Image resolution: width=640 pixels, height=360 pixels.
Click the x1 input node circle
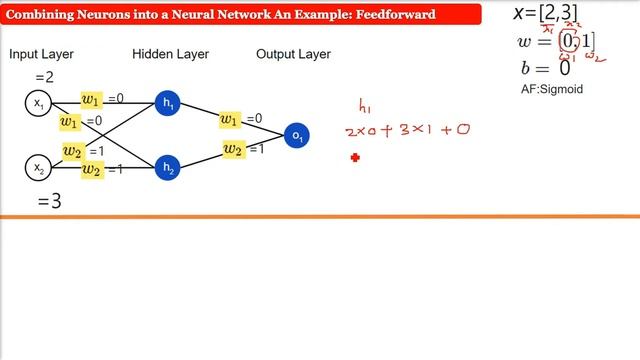point(39,103)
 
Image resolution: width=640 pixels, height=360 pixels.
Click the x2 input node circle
point(39,168)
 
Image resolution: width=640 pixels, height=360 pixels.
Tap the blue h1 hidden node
point(167,102)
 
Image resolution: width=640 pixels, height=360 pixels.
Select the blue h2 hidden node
point(167,168)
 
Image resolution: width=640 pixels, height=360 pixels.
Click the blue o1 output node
point(296,135)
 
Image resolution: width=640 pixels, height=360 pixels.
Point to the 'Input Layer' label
point(42,54)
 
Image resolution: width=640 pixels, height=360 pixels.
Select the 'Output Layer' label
point(293,54)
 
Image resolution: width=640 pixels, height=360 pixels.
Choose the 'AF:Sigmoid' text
point(545,90)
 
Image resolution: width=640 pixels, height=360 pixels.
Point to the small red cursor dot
point(355,157)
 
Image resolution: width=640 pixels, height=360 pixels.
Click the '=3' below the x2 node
point(50,202)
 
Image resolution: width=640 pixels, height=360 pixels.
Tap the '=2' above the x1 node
point(45,77)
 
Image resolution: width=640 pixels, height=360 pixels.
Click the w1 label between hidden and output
point(232,120)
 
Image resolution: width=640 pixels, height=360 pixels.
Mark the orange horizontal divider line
point(320,216)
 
